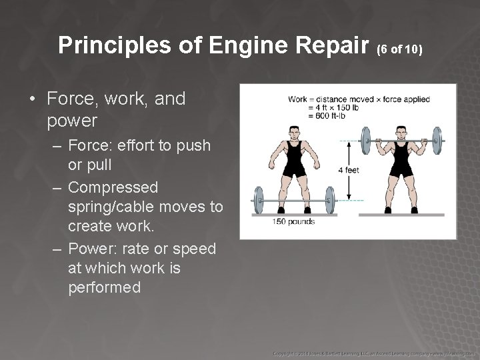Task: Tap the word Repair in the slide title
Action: click(337, 45)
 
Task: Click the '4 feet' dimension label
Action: click(349, 170)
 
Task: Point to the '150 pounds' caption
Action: click(293, 221)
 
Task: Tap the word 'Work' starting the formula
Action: click(298, 100)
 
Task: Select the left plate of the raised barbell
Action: click(365, 141)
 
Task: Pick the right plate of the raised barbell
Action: click(437, 141)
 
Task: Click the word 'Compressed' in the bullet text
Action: click(113, 187)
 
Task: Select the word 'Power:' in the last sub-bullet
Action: click(93, 249)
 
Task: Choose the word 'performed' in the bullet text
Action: click(104, 287)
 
